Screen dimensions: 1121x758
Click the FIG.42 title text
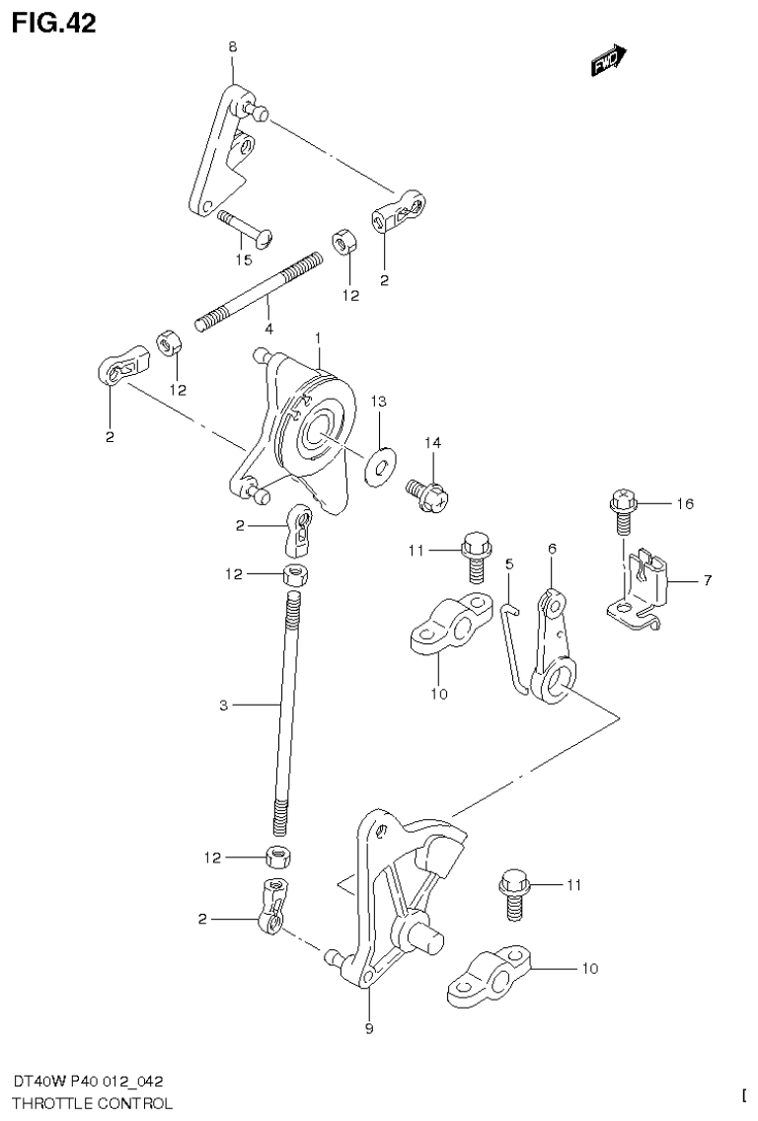(54, 23)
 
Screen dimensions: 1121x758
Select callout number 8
(232, 46)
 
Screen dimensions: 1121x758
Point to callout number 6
(552, 549)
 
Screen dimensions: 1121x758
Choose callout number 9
(369, 1029)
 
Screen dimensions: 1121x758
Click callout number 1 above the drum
(319, 337)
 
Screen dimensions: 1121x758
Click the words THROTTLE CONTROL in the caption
(92, 1103)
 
